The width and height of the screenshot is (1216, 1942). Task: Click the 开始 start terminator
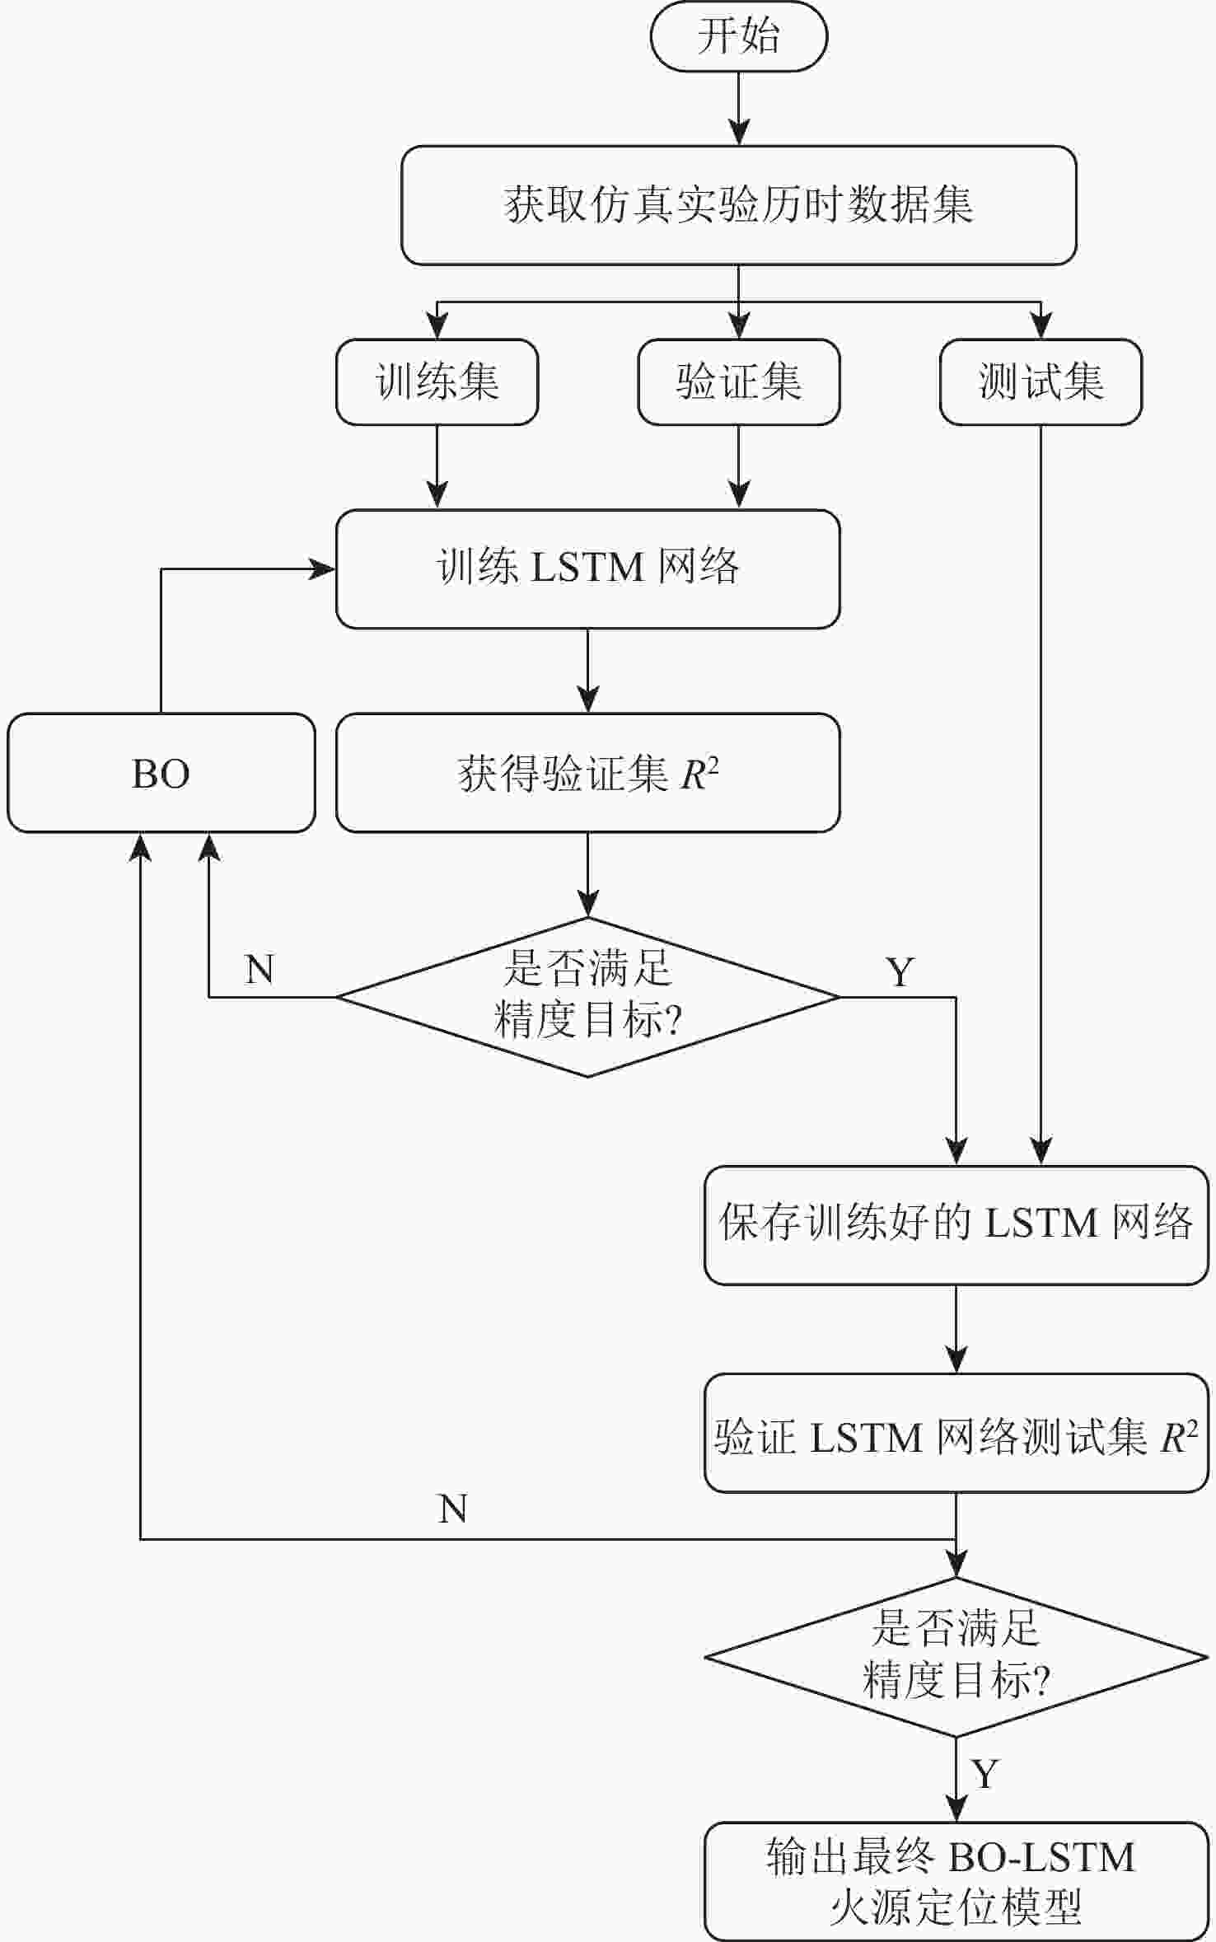(x=738, y=36)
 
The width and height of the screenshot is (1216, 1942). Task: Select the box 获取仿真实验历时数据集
(x=738, y=205)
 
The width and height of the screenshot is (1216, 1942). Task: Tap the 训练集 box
(x=437, y=382)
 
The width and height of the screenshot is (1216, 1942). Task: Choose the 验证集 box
(x=738, y=382)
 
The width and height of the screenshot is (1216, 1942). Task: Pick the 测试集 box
(x=1041, y=382)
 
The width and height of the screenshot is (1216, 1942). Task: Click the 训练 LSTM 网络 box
(x=587, y=569)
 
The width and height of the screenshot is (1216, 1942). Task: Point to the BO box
(x=161, y=773)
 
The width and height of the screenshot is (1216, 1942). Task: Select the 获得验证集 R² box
(x=587, y=773)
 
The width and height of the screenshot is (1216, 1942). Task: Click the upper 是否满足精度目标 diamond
(x=587, y=996)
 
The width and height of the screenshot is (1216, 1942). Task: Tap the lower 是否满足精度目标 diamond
(x=956, y=1656)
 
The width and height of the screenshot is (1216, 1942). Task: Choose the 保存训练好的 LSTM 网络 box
(x=956, y=1224)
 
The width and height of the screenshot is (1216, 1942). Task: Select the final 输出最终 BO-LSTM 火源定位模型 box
(x=956, y=1881)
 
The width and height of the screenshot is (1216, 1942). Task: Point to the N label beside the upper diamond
(x=260, y=970)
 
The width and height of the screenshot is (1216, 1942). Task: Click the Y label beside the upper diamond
(x=900, y=973)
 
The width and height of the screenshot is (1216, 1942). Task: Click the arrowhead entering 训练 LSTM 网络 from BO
(x=323, y=569)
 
